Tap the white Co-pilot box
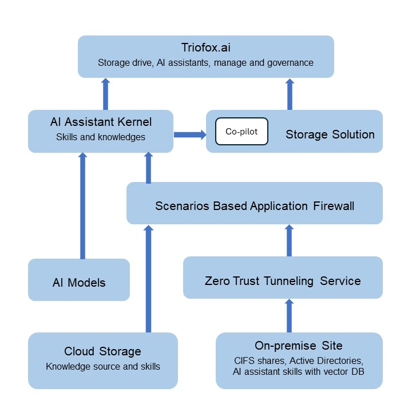241,132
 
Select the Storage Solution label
330,135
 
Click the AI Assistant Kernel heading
101,122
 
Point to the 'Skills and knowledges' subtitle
101,137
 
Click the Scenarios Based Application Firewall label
255,205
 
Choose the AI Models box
79,282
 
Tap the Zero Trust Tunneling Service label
283,281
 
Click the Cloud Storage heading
102,351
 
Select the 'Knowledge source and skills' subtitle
103,367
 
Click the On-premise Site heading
299,346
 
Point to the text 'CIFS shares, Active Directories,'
299,360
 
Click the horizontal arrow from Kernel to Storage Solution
189,135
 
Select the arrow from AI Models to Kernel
82,206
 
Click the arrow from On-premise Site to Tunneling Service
289,316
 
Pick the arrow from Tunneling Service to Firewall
289,240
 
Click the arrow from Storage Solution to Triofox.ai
289,94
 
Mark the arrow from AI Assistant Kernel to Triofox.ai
105,94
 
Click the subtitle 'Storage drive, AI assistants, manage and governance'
205,63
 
